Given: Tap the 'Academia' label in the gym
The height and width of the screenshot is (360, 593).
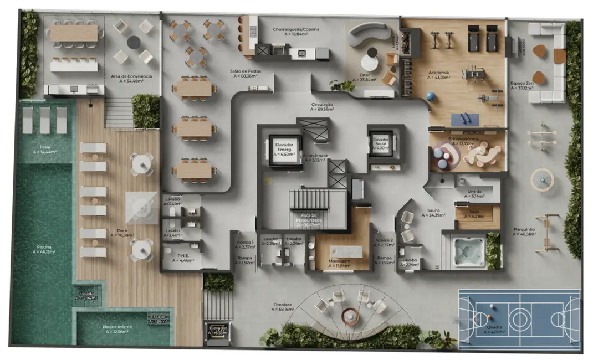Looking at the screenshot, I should [438, 73].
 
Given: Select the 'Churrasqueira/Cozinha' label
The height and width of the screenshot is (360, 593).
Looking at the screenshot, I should [295, 29].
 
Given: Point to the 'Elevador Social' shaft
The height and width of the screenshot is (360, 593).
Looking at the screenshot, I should [380, 143].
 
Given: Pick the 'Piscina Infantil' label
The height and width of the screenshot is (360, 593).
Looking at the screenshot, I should [117, 327].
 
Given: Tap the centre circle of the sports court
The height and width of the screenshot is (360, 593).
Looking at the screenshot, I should [519, 318].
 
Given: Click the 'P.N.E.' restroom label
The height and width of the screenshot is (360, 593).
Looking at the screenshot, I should [176, 256].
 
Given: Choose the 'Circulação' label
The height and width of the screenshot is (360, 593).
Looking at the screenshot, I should [321, 104].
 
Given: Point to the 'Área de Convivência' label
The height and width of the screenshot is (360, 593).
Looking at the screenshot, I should [131, 76].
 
